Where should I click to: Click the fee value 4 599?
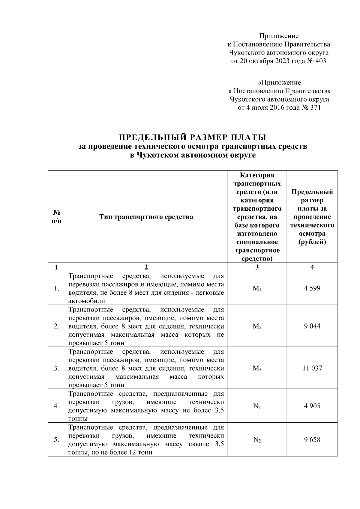click(x=312, y=288)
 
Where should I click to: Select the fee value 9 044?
click(x=312, y=326)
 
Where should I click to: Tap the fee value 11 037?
click(x=312, y=368)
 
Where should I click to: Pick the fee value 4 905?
click(x=312, y=406)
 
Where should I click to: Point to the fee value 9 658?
click(x=312, y=440)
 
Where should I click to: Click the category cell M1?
click(x=257, y=289)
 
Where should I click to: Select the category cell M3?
click(x=257, y=368)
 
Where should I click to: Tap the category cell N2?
click(x=257, y=440)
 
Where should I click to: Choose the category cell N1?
click(x=257, y=406)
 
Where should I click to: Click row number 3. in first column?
click(x=56, y=368)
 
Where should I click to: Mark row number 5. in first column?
click(x=56, y=440)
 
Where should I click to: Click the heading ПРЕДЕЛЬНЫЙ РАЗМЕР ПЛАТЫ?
click(x=193, y=138)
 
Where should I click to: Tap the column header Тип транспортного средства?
click(x=146, y=217)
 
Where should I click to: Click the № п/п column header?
click(x=56, y=217)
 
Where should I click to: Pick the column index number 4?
click(x=312, y=267)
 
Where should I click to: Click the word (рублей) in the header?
click(x=312, y=242)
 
